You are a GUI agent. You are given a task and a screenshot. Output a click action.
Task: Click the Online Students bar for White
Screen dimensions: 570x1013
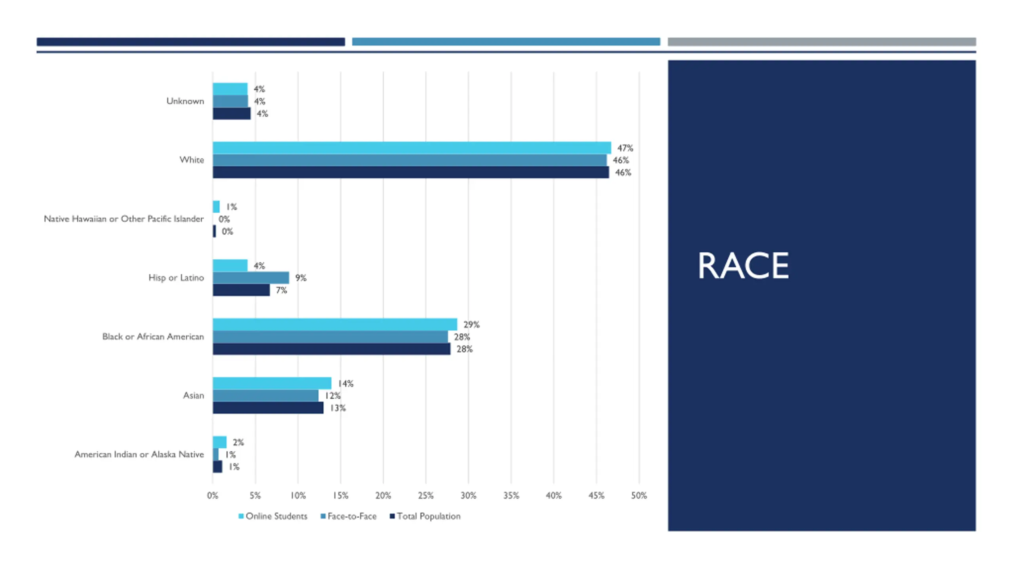(x=412, y=148)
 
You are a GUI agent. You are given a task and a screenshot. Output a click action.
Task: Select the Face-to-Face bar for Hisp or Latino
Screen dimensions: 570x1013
(x=250, y=277)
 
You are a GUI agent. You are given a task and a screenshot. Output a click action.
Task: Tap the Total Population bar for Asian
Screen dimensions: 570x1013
(x=268, y=408)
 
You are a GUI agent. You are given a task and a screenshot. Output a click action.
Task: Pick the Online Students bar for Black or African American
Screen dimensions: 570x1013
(x=335, y=324)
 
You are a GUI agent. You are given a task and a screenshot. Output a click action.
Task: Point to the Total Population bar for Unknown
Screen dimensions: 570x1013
(x=231, y=114)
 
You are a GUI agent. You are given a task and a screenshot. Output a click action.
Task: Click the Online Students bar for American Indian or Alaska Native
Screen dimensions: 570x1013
(x=220, y=442)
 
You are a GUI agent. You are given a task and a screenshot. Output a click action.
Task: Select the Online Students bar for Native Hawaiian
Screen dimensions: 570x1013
(x=216, y=207)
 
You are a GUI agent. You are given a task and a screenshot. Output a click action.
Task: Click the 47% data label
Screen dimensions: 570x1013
(x=625, y=148)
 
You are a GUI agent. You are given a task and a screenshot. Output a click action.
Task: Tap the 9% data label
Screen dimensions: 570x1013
(x=301, y=278)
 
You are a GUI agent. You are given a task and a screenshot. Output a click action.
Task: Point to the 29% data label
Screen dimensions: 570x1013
(x=471, y=325)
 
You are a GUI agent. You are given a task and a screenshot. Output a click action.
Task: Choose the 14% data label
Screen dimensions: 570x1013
(x=345, y=384)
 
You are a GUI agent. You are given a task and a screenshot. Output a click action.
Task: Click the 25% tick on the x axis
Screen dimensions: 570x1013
(x=426, y=496)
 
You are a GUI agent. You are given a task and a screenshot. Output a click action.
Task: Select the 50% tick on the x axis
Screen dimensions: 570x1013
(x=639, y=496)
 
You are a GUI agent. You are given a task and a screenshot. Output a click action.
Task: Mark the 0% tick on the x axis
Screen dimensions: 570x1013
(x=212, y=496)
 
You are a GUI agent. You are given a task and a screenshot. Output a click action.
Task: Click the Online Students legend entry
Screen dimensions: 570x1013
(x=273, y=516)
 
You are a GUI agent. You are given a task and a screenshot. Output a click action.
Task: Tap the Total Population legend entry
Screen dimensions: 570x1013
(x=425, y=516)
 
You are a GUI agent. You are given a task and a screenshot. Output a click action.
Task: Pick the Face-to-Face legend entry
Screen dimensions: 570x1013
(x=349, y=516)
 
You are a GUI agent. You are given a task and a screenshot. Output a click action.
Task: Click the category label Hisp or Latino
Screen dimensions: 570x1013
(x=176, y=277)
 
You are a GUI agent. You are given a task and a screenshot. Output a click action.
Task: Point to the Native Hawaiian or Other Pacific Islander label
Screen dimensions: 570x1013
(x=123, y=219)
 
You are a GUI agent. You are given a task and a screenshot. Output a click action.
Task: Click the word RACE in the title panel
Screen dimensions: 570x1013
(x=743, y=266)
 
